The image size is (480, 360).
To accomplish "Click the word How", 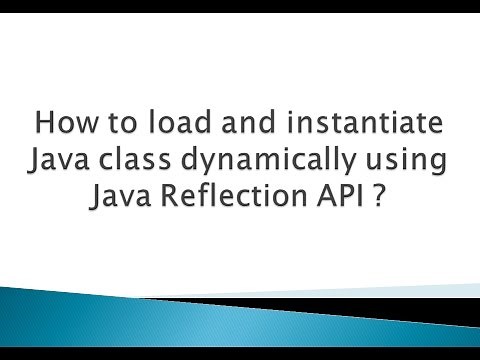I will click(x=64, y=126).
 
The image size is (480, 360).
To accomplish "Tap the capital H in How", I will click(x=44, y=126).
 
